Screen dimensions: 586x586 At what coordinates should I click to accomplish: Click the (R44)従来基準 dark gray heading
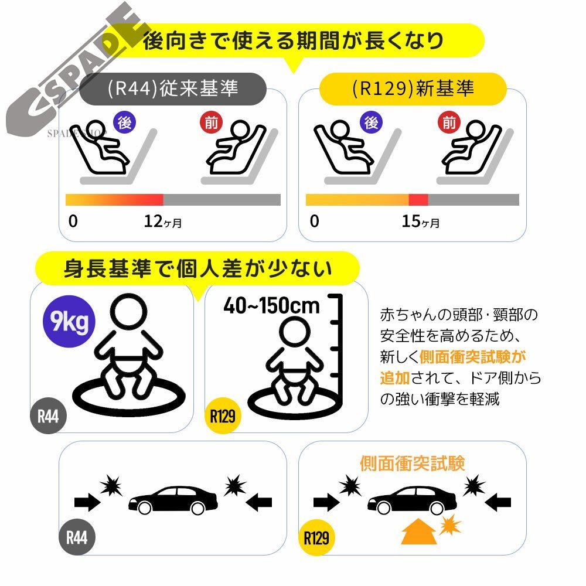[x=173, y=88]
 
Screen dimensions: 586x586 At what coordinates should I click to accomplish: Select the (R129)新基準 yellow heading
[x=413, y=88]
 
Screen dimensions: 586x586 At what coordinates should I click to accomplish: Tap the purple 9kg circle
[x=70, y=322]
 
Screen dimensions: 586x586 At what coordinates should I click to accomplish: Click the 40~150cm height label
[x=271, y=305]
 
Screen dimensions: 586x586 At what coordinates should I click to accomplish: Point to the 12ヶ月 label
[x=162, y=222]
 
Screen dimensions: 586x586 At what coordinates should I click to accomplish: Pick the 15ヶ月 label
[x=420, y=222]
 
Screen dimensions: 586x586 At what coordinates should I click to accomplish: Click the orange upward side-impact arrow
[x=418, y=533]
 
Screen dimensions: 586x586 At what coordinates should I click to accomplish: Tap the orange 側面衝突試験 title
[x=413, y=464]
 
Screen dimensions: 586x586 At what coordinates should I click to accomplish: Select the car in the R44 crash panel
[x=173, y=499]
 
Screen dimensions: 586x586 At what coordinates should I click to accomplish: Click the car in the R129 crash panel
[x=412, y=499]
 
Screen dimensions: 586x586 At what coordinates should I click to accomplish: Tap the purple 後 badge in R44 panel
[x=124, y=123]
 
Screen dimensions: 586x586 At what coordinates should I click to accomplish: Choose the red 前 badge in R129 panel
[x=449, y=123]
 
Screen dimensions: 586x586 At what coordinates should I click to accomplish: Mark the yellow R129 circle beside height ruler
[x=223, y=417]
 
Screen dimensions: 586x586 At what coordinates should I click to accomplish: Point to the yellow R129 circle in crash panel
[x=316, y=537]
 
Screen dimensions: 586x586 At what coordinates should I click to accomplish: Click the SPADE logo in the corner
[x=76, y=70]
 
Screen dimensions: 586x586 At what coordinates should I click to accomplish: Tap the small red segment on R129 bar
[x=418, y=200]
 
